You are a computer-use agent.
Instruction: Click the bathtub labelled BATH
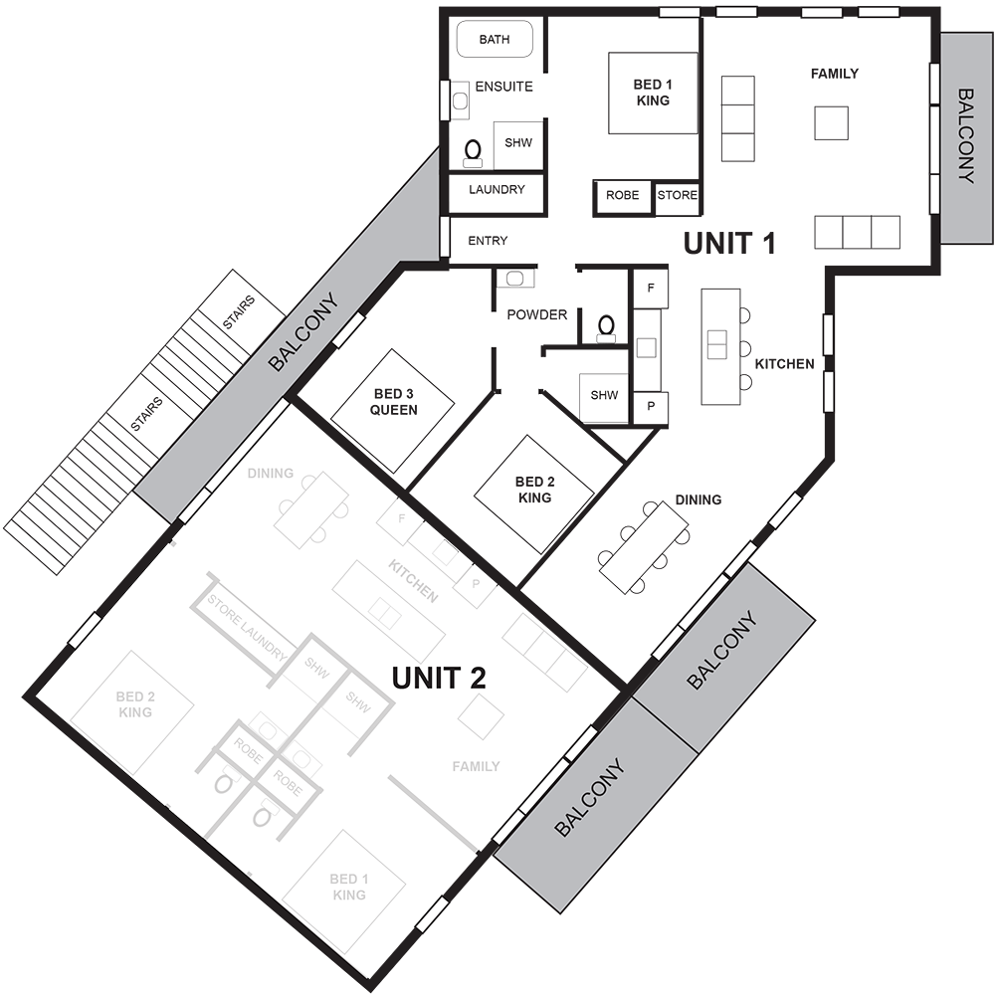(495, 39)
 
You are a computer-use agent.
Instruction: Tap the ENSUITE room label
(503, 87)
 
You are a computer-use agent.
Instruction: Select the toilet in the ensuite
(473, 153)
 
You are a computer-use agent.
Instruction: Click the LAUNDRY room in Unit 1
(497, 193)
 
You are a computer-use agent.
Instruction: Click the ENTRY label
(488, 241)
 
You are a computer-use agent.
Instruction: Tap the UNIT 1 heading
(728, 243)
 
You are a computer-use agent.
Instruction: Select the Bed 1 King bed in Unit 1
(653, 93)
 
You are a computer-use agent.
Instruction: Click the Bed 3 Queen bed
(393, 411)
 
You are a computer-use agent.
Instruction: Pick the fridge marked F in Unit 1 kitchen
(650, 289)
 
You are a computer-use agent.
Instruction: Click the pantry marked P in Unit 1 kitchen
(651, 407)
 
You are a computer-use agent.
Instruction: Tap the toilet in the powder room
(606, 328)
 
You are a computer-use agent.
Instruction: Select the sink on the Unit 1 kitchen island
(716, 344)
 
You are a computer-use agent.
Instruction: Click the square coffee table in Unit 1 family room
(831, 122)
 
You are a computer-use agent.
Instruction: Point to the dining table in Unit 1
(644, 547)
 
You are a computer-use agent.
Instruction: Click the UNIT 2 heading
(439, 678)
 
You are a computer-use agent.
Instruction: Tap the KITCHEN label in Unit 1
(784, 364)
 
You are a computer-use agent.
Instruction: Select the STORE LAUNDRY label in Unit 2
(247, 627)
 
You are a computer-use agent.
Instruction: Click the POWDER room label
(536, 314)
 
